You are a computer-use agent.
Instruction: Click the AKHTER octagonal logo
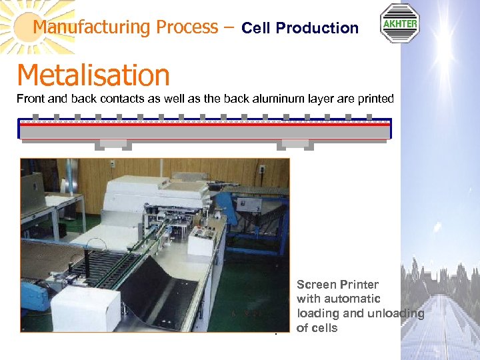tap(399, 23)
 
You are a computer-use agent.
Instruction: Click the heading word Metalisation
tap(93, 75)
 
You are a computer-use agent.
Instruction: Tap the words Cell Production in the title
tap(300, 28)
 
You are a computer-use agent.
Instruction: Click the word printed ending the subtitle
tap(375, 99)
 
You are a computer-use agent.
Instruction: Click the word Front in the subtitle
tap(30, 99)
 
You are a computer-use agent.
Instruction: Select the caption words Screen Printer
tap(337, 285)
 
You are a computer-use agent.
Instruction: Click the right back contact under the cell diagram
tap(294, 144)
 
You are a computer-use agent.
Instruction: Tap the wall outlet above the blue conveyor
tap(261, 169)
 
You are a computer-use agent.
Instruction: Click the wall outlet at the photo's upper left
tap(112, 164)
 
